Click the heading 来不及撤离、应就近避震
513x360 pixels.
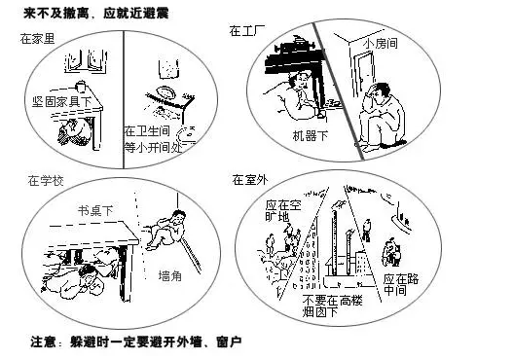(95, 14)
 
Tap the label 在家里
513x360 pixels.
(37, 39)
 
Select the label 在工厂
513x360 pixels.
(247, 31)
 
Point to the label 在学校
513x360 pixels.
(46, 181)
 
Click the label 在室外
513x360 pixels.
(250, 179)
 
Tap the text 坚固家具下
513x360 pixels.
(61, 102)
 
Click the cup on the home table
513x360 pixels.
(80, 87)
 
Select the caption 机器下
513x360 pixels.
(311, 135)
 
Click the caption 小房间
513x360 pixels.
(382, 44)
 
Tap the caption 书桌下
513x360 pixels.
(95, 210)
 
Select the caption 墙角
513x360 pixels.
(170, 276)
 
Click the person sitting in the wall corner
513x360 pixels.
(166, 231)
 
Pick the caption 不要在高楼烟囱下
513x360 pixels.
(332, 306)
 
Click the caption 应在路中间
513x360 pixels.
(401, 284)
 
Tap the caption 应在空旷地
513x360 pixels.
(283, 211)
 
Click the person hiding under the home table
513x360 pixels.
(76, 132)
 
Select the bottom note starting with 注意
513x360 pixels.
(136, 342)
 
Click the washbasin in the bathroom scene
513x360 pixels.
(166, 91)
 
